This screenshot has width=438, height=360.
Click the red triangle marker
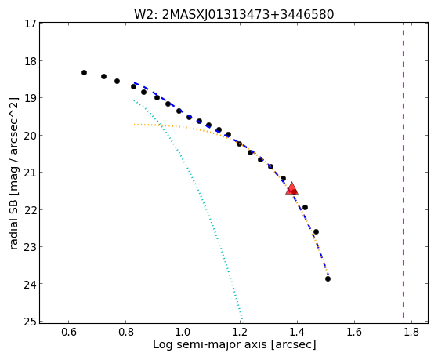point(291,188)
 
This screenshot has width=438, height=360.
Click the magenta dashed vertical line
point(403,170)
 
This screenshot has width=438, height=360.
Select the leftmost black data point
point(84,72)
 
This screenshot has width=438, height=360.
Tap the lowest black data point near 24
point(328,278)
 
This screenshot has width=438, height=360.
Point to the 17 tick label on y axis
point(31,24)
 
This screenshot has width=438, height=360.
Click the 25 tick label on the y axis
point(31,322)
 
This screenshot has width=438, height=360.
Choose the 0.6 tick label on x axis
point(68,332)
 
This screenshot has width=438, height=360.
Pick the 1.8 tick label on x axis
point(411,332)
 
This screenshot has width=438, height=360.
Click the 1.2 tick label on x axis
point(240,332)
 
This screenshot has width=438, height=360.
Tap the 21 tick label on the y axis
point(31,173)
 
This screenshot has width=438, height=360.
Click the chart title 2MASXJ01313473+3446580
point(248,15)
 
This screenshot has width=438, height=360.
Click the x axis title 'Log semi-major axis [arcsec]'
point(234,344)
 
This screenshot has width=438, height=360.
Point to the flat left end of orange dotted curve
point(134,124)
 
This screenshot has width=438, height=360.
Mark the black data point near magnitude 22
point(305,207)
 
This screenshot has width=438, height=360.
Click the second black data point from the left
point(103,76)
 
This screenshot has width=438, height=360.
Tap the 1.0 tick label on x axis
point(183,332)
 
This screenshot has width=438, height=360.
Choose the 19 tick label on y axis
point(31,97)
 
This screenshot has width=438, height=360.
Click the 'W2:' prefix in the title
point(146,15)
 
